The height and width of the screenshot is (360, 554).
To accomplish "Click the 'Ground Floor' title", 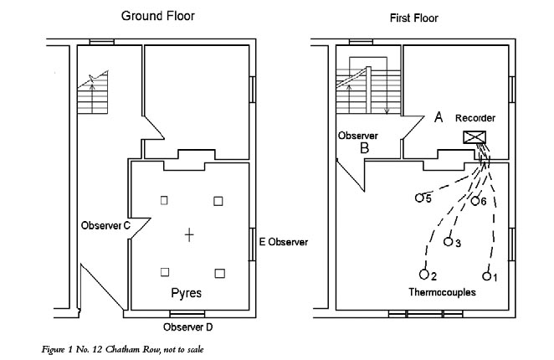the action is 157,16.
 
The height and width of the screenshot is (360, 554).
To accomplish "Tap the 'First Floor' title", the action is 413,18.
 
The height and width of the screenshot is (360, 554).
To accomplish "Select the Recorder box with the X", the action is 474,137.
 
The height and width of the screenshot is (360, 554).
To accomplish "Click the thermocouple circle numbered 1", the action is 487,275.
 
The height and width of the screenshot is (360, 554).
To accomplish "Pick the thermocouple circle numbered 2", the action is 424,274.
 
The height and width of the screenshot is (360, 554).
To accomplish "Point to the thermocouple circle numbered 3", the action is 448,241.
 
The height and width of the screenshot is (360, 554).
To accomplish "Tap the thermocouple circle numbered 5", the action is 419,198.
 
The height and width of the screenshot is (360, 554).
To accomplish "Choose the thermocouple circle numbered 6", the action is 475,201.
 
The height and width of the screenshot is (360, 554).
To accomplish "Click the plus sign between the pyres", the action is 189,234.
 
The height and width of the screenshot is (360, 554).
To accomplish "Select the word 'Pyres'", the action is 186,293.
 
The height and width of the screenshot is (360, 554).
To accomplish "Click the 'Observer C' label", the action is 105,225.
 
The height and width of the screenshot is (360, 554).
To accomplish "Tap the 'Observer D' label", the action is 188,327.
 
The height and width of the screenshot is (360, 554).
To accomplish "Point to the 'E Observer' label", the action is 284,242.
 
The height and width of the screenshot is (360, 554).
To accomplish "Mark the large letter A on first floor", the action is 439,117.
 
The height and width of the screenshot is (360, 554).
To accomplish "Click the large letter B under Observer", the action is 364,148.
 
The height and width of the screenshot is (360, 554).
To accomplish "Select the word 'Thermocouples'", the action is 442,292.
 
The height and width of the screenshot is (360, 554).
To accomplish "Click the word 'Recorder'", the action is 475,118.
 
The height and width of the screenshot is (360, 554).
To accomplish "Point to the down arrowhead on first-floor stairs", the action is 387,111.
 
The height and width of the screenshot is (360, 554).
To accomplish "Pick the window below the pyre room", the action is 187,314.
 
